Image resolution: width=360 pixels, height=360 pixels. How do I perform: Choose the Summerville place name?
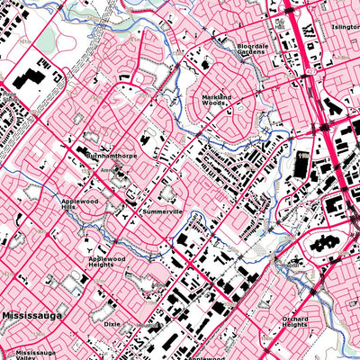click(163, 211)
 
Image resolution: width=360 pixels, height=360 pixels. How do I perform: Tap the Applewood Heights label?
click(112, 262)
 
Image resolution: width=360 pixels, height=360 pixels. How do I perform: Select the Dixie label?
click(112, 322)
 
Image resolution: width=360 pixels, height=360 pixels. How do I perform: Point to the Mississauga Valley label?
click(37, 356)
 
